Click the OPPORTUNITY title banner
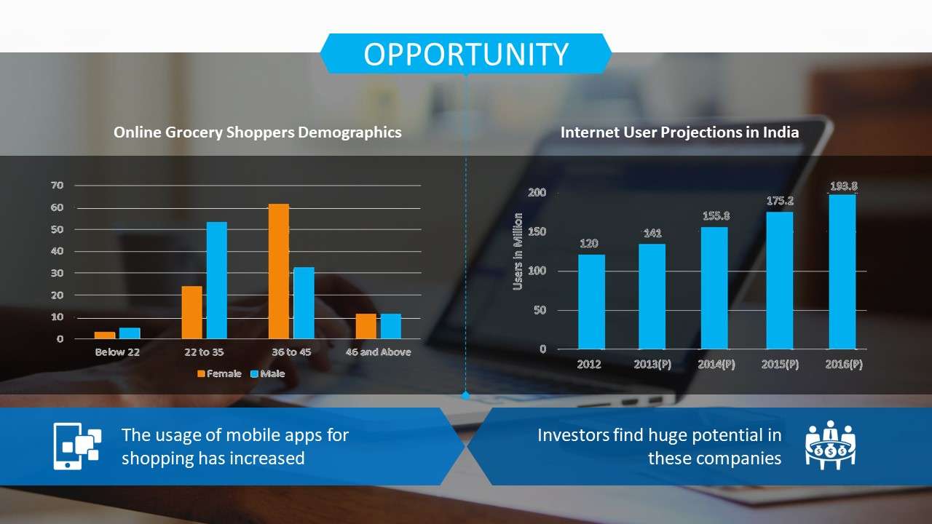[465, 54]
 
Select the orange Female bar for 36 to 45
[279, 271]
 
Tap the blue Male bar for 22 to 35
[217, 280]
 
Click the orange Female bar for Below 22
[105, 336]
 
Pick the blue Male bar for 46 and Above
[391, 326]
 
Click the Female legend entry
[219, 373]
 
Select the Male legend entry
[267, 373]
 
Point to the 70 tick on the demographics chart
[58, 185]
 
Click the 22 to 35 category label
[204, 352]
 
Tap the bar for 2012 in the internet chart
[591, 302]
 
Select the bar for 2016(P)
[842, 272]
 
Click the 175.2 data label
[780, 201]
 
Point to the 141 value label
[652, 233]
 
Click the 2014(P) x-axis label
[716, 365]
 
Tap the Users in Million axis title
[518, 251]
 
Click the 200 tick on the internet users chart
[537, 192]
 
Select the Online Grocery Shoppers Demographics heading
[258, 132]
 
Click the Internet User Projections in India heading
[679, 132]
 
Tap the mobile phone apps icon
[77, 446]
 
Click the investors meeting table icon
[831, 445]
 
